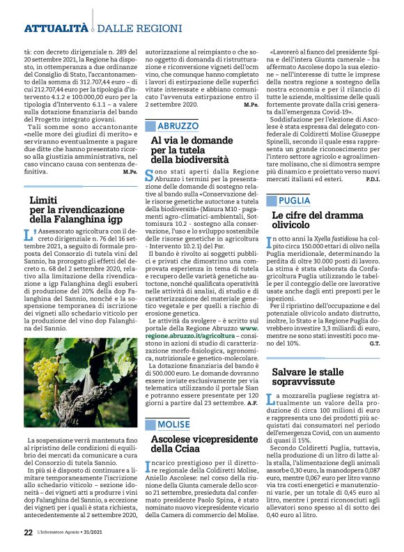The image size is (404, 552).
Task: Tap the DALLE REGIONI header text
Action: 129,29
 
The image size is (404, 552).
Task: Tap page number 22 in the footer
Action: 28,532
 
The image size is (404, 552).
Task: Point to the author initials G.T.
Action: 374,344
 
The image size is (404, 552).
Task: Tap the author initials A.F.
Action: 253,404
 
